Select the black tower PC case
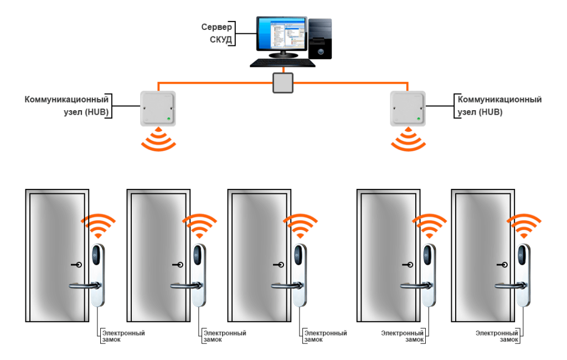coord(320,39)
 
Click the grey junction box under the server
coord(283,83)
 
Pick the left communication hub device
coord(158,107)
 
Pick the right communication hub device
coord(408,107)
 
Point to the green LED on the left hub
coord(169,118)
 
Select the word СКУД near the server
coord(219,39)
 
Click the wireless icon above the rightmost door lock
coord(523,224)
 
